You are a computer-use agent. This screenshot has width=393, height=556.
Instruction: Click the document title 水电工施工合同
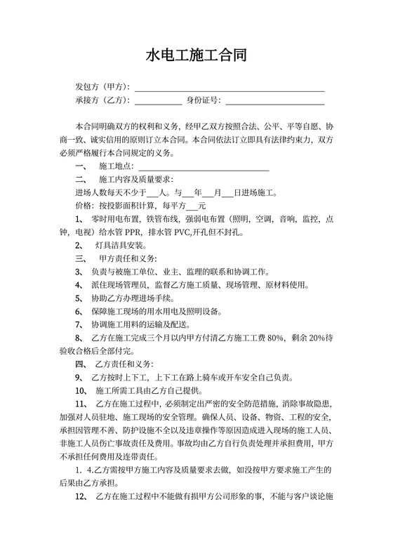[196, 55]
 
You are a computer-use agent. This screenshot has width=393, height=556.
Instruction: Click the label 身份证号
[202, 100]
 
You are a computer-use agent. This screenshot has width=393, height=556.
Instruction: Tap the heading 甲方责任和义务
[127, 259]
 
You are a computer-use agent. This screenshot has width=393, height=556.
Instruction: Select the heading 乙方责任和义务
[123, 364]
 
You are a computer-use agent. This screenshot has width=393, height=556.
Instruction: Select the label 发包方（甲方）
[102, 88]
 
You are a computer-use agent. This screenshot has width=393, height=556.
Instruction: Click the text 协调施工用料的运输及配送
[140, 324]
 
